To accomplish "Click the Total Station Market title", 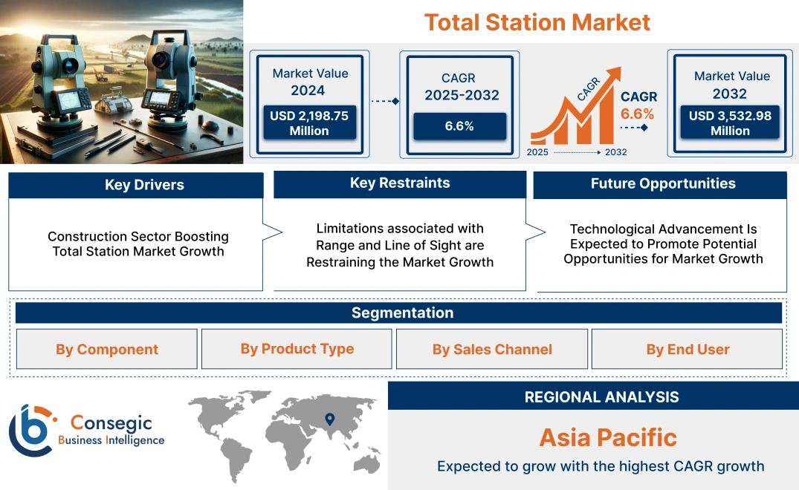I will click(537, 22).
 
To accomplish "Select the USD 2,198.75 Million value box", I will click(308, 122).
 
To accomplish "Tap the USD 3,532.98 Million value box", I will click(730, 122).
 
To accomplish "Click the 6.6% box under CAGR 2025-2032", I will click(459, 126).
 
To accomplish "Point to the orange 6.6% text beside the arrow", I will click(638, 114).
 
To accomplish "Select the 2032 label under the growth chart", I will click(616, 152).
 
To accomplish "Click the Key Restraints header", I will click(400, 183).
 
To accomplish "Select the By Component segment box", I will click(107, 350).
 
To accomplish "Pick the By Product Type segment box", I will click(297, 349).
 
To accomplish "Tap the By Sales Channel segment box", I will click(492, 350).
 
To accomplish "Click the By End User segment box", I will click(688, 350).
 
